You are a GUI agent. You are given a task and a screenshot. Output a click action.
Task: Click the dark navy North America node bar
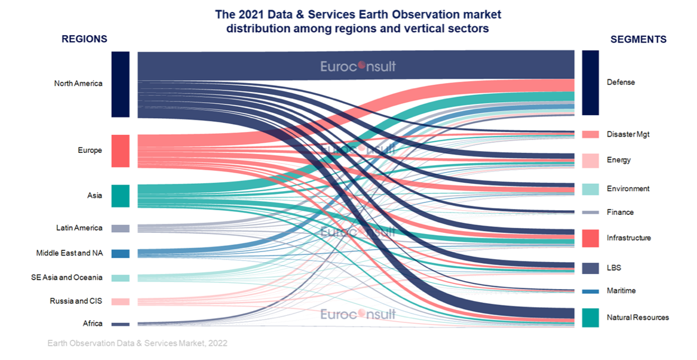click(x=120, y=84)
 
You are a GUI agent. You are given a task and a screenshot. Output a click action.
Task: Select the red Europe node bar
click(x=120, y=150)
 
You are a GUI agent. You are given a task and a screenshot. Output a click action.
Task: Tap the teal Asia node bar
click(x=120, y=196)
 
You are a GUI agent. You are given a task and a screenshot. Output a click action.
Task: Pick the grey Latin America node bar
click(x=120, y=228)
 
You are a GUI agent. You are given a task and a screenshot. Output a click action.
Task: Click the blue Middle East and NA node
click(x=120, y=253)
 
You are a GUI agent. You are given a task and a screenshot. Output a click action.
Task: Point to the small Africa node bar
click(x=120, y=324)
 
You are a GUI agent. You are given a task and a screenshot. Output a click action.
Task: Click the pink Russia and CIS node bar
click(x=120, y=301)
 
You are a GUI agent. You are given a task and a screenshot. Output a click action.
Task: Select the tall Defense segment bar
click(x=590, y=82)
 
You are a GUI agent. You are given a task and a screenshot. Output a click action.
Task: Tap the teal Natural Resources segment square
click(x=590, y=318)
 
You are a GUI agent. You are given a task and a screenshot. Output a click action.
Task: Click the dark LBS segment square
click(x=590, y=268)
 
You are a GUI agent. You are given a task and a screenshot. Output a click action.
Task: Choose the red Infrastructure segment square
click(x=590, y=238)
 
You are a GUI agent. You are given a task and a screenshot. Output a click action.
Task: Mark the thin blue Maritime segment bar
click(x=590, y=291)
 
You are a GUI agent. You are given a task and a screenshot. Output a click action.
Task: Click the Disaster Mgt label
click(x=628, y=134)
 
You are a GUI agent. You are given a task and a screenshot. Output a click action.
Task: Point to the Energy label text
click(x=618, y=160)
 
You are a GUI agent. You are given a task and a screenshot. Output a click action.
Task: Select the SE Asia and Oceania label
click(x=66, y=278)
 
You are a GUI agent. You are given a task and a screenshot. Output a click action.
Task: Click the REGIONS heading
click(x=84, y=39)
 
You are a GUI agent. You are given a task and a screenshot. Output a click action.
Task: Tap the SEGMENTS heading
click(x=638, y=39)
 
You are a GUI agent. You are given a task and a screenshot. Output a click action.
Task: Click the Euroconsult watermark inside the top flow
click(x=358, y=66)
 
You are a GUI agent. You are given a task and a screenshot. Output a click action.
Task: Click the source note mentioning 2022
click(x=137, y=344)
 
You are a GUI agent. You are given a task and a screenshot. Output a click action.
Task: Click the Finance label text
click(x=620, y=213)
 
